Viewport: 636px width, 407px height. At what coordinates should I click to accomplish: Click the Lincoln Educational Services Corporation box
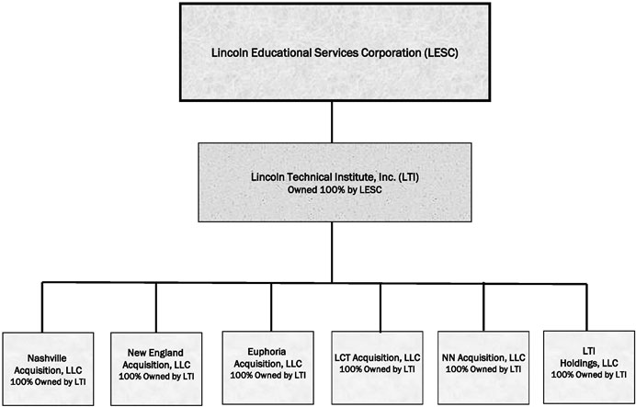coord(335,51)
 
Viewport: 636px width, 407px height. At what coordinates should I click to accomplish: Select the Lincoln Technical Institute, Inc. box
coord(335,182)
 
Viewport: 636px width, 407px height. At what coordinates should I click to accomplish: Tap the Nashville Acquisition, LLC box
coord(48,369)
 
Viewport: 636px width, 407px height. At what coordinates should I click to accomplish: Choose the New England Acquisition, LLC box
coord(156,369)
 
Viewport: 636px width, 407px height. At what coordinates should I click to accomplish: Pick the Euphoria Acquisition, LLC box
coord(267,367)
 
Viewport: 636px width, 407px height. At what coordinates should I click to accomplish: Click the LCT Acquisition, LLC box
coord(377,367)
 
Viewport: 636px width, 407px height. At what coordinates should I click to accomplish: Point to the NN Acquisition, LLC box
coord(483,367)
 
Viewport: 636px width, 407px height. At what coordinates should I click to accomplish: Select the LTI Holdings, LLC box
coord(588,367)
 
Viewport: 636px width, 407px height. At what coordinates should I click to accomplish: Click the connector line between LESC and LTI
coord(332,122)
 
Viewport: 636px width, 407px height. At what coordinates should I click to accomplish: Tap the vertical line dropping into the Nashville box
coord(42,307)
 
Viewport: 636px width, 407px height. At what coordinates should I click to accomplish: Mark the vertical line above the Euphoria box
coord(271,307)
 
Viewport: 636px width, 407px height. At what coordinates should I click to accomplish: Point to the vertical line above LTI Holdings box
coord(586,307)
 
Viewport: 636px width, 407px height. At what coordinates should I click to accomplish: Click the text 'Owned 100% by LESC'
coord(335,189)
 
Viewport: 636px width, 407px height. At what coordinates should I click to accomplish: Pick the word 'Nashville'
coord(47,358)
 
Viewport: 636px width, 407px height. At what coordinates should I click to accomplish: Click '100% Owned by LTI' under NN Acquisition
coord(483,369)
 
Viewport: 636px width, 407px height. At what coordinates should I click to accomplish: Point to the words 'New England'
coord(155,353)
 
